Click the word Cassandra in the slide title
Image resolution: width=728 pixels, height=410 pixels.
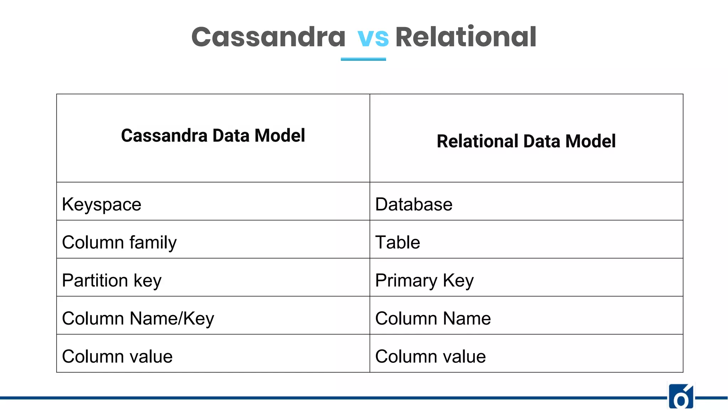click(268, 37)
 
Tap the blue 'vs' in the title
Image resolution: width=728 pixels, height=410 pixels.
click(373, 38)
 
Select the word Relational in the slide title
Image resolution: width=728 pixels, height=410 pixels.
click(466, 37)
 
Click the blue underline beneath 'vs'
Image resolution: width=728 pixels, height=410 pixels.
click(363, 59)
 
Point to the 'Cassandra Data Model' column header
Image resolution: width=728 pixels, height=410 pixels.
click(213, 136)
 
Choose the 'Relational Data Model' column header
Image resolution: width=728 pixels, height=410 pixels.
click(526, 141)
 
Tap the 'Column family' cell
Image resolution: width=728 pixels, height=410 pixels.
click(119, 243)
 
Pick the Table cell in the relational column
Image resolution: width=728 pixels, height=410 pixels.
click(398, 243)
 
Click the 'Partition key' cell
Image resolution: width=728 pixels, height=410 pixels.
click(112, 280)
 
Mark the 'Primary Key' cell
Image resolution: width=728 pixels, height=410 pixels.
click(424, 280)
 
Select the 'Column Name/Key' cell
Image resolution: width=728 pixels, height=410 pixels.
click(138, 319)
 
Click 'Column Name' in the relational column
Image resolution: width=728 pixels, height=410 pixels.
click(433, 319)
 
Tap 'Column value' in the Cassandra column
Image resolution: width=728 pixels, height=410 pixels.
click(117, 357)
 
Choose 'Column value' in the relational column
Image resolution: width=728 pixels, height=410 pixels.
click(430, 357)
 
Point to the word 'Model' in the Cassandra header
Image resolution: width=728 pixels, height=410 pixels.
click(280, 136)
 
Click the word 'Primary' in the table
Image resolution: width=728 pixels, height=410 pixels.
click(406, 280)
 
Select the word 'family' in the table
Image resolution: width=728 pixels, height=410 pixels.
click(153, 243)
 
